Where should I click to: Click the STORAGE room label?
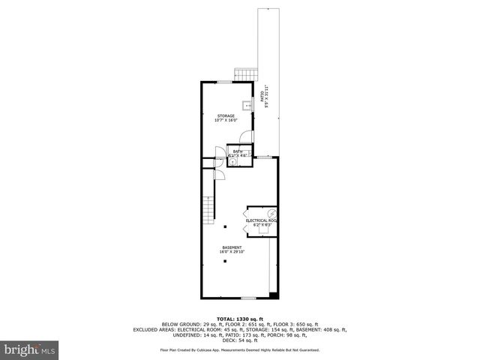click(226, 115)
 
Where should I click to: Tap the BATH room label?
click(237, 151)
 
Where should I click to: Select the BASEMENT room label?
click(232, 247)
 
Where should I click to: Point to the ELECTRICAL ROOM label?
click(262, 220)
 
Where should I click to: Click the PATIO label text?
click(262, 95)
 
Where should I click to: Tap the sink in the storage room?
click(247, 106)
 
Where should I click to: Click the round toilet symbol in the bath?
click(233, 161)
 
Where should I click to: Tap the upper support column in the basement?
click(224, 226)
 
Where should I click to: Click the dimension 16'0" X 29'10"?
click(232, 252)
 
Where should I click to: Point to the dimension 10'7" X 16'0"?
click(226, 120)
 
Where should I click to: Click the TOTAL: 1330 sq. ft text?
click(239, 318)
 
